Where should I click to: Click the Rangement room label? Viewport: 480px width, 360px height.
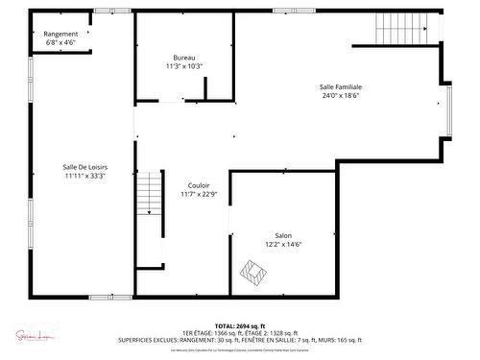pos(60,34)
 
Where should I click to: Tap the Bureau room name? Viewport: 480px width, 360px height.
pos(183,58)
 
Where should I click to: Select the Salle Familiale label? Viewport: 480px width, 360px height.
pos(341,86)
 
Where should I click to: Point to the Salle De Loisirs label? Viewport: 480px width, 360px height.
pos(84,167)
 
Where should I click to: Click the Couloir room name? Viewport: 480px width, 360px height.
pos(199,185)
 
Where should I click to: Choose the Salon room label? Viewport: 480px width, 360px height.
pos(283,235)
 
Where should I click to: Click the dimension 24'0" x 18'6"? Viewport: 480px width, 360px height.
pos(341,96)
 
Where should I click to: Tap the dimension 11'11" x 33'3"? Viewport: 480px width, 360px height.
pos(84,176)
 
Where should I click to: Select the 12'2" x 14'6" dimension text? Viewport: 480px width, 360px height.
pos(283,244)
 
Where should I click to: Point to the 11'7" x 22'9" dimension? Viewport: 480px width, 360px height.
pos(199,194)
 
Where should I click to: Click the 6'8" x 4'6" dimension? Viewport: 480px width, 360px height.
pos(60,42)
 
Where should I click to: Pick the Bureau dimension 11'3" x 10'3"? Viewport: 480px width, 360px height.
pos(183,66)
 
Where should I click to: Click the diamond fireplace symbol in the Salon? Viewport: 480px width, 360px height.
pos(253,274)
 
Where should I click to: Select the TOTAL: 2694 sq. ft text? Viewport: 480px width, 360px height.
pos(240,325)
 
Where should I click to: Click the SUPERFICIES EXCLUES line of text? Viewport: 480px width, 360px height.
pos(240,340)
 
